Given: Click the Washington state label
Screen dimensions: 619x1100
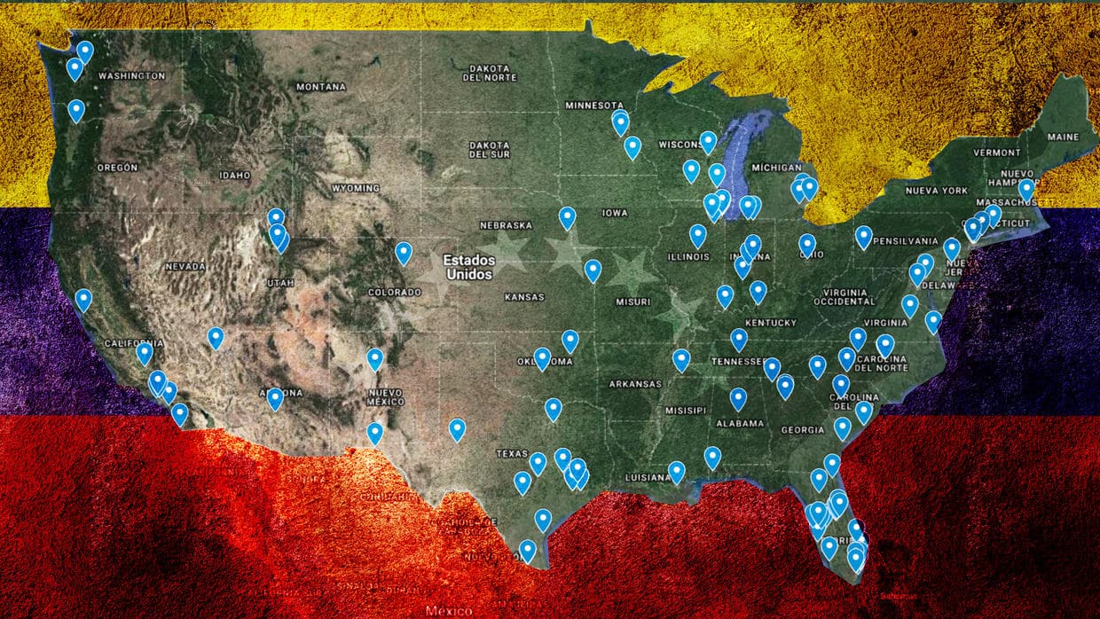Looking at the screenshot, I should [131, 76].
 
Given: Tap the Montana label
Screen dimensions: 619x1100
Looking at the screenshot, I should [321, 87].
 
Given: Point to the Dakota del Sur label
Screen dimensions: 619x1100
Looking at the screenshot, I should [490, 149].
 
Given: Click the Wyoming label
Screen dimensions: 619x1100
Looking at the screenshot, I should [355, 189].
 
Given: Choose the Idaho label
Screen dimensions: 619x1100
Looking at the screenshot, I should [235, 176].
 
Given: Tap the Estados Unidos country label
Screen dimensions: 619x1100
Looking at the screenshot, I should [467, 267].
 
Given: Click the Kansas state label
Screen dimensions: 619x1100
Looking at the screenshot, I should [524, 297].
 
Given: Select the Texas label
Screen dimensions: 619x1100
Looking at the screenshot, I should [512, 453].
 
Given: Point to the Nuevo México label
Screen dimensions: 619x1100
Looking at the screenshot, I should [386, 396].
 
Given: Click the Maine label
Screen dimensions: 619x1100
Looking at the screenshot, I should [1063, 137].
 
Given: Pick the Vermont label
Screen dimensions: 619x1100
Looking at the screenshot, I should [997, 153].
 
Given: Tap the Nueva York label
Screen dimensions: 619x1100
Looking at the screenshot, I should [936, 191].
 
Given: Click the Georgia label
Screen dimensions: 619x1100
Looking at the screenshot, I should [802, 430].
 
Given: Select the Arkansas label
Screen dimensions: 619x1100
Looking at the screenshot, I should [635, 384].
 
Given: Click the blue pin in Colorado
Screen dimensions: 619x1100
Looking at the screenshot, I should [404, 253].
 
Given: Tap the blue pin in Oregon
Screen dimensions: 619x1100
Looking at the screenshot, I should [76, 110].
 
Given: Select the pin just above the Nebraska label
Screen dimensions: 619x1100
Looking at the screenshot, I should [567, 216].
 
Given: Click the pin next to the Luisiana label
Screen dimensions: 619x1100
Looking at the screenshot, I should [677, 471].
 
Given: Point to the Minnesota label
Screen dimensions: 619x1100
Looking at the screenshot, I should [595, 106].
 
